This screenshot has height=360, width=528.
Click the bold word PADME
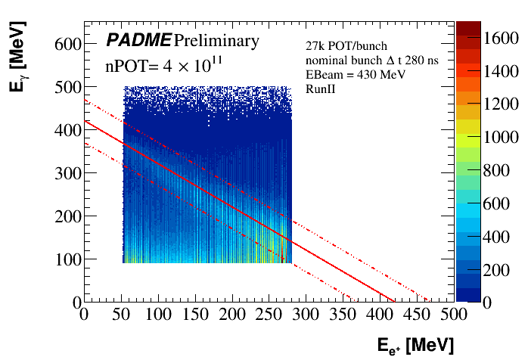coord(138,40)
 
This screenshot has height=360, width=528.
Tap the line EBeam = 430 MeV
coord(344,75)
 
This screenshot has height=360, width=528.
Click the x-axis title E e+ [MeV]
coord(415,346)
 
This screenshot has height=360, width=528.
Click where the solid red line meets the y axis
coord(85,121)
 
